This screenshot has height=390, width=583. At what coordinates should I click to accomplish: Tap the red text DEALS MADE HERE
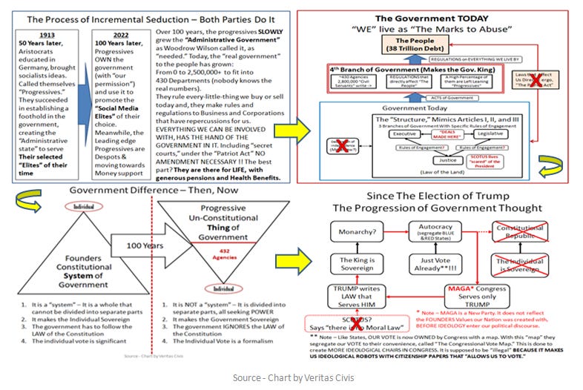click(x=437, y=125)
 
